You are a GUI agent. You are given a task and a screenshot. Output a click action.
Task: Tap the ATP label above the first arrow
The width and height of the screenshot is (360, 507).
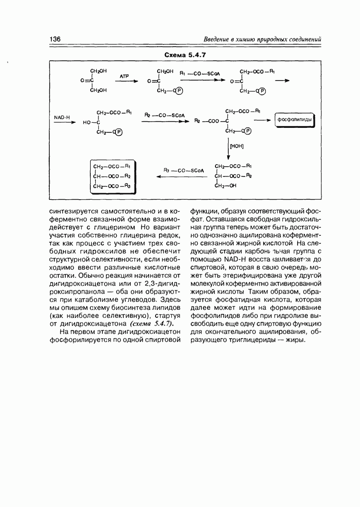pos(125,76)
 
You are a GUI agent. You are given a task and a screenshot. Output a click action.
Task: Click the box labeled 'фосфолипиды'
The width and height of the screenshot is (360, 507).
pos(295,120)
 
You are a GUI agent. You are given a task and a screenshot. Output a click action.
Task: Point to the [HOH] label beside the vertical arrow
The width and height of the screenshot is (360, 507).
pos(237,147)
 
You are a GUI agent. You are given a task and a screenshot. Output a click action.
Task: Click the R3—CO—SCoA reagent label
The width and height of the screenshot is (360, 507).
pos(183,170)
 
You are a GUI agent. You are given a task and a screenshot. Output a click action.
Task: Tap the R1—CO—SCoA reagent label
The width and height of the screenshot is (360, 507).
pos(199,74)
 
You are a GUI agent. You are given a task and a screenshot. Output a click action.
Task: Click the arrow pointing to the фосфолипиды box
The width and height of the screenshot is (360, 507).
pos(263,120)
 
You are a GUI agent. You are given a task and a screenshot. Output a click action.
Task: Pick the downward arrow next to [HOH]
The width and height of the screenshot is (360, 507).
pos(228,150)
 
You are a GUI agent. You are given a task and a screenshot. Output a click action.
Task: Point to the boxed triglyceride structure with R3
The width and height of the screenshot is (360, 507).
pos(113,176)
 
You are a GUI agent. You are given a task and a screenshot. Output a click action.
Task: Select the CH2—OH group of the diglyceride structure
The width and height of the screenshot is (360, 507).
pos(226,186)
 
